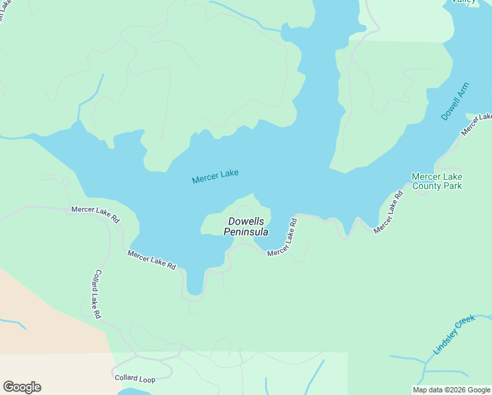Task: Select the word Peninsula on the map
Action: coord(246,232)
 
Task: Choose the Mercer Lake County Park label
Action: coord(437,181)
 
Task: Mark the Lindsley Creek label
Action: coord(454,334)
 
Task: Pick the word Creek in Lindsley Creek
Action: coord(464,324)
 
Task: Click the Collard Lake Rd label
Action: coord(96,294)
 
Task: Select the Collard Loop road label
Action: coord(135,378)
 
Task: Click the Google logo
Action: coord(22,387)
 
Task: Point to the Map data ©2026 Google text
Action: coord(451,390)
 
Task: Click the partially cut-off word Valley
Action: coord(463,2)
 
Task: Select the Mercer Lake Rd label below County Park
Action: coord(388,212)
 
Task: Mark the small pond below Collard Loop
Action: coord(135,392)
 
